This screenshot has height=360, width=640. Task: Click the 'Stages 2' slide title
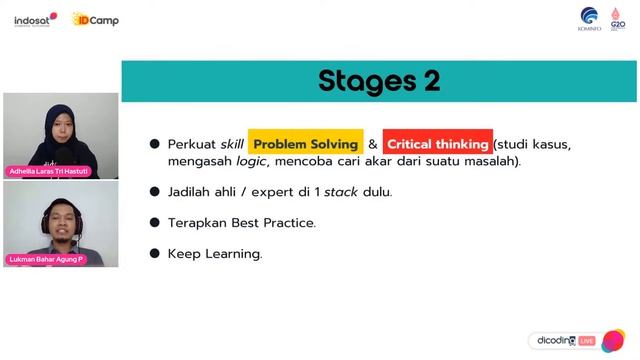(379, 80)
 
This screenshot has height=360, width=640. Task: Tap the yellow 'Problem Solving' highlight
(305, 144)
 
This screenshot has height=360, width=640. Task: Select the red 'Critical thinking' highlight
(437, 144)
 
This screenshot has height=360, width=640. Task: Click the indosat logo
(35, 19)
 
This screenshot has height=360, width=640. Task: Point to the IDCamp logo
(96, 19)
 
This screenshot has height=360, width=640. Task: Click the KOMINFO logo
(590, 18)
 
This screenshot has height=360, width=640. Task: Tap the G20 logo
(618, 18)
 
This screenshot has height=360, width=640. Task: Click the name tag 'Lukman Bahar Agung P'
(47, 259)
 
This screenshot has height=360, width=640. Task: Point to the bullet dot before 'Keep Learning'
(155, 254)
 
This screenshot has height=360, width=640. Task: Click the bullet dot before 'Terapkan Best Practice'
(155, 223)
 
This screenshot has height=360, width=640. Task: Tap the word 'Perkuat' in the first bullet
(190, 144)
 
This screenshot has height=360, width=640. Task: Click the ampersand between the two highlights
(372, 144)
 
